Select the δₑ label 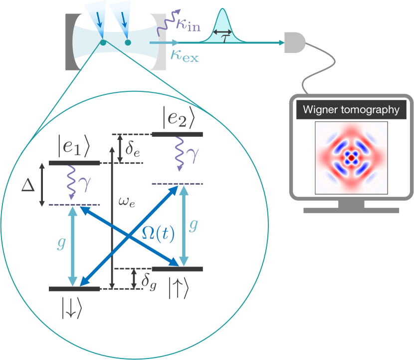tap(133, 147)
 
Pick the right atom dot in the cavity tap(128, 43)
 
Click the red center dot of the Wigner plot tap(351, 157)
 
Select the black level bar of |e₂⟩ tap(177, 134)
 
